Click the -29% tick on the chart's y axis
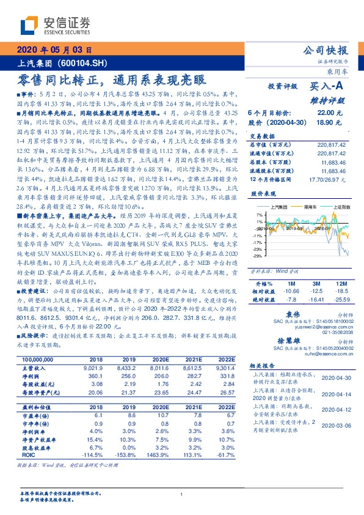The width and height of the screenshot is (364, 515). pos(259,256)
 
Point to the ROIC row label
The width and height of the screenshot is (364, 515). pos(28,454)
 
